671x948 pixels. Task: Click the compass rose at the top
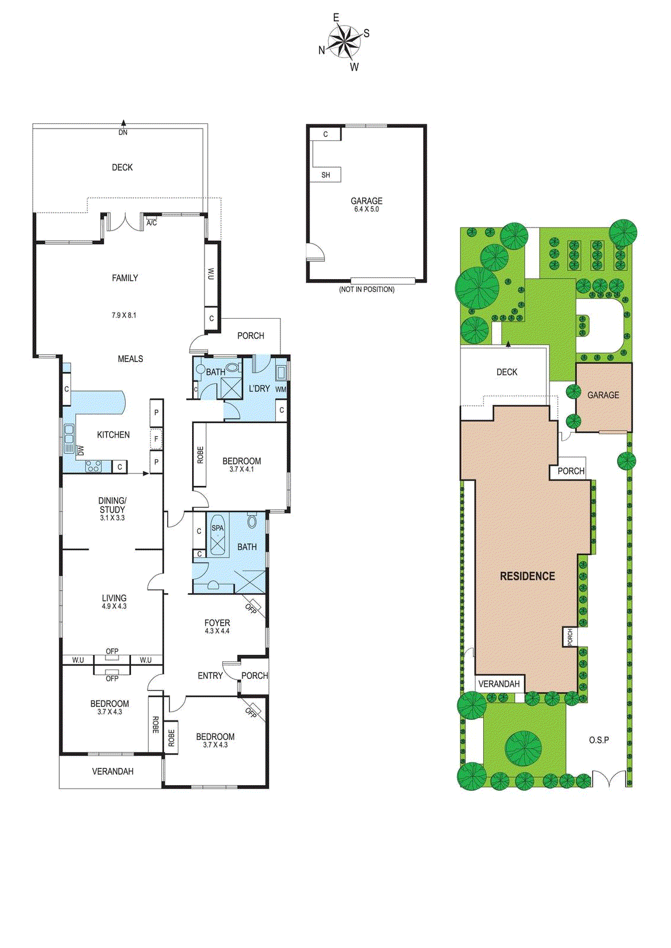point(344,41)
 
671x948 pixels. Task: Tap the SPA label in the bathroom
point(218,528)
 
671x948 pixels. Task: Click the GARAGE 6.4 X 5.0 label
point(366,204)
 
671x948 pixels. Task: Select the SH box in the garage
point(325,175)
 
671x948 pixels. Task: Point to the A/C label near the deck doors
point(152,223)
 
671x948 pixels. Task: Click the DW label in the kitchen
point(81,450)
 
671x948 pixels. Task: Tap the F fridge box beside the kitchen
point(156,439)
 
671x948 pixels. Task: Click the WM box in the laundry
point(280,389)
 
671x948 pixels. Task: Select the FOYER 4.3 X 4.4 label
point(217,626)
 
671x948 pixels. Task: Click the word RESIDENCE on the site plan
point(527,576)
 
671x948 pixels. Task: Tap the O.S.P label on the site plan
point(599,740)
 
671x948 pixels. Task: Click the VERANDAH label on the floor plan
point(113,771)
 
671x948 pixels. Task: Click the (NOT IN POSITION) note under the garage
point(366,289)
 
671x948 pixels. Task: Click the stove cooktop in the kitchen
point(94,466)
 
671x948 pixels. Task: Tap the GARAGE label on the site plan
point(603,395)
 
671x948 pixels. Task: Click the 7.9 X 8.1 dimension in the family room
point(124,315)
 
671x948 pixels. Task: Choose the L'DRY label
point(259,389)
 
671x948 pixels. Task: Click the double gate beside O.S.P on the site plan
point(609,779)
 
